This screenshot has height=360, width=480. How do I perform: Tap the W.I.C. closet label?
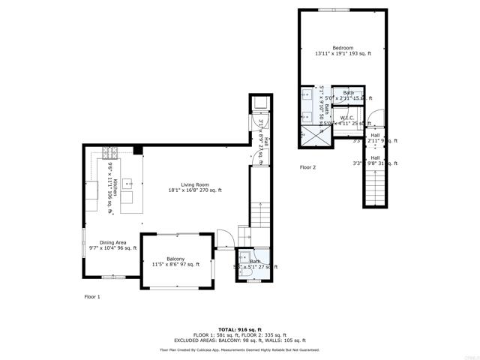click(346, 118)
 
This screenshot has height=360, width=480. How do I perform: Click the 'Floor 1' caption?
click(92, 297)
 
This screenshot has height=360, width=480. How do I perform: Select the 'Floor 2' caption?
click(307, 167)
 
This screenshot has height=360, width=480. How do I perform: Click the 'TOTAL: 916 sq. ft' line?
click(239, 329)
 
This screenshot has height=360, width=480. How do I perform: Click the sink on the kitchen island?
click(127, 182)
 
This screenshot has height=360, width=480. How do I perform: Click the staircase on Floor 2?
click(374, 184)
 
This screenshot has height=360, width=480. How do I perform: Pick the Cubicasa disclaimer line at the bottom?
click(239, 349)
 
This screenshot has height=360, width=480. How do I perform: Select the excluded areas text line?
click(239, 340)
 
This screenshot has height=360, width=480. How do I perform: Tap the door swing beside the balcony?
click(223, 237)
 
